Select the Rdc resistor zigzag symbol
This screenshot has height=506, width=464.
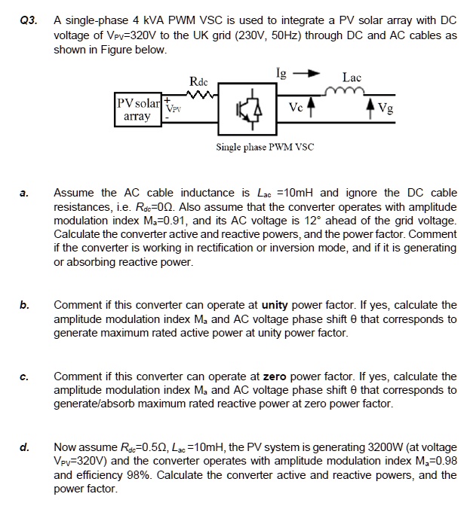[200, 96]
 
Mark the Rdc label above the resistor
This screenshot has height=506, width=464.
[198, 80]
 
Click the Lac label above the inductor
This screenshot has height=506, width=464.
[352, 78]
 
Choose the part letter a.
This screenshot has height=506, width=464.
[23, 194]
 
